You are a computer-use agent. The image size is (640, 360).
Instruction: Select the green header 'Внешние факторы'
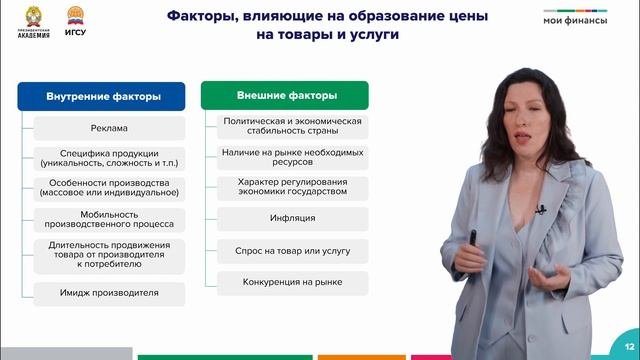(x=286, y=96)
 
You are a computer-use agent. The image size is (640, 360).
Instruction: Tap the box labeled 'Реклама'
(x=109, y=128)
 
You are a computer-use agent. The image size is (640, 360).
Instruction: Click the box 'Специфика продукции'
(x=109, y=158)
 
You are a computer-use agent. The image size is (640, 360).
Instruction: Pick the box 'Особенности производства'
(x=109, y=189)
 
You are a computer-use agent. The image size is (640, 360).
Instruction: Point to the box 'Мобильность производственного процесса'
(x=109, y=220)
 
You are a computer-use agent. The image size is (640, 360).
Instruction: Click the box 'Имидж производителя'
(x=109, y=294)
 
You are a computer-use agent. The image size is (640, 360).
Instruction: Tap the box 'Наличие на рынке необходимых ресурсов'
(x=292, y=157)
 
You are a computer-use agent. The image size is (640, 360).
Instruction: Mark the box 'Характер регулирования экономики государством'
(x=292, y=188)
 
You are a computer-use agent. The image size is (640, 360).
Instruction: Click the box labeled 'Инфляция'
(x=292, y=218)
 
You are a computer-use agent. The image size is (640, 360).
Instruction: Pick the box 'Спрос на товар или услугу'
(x=292, y=250)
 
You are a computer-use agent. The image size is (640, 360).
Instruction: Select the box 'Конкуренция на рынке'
(x=292, y=282)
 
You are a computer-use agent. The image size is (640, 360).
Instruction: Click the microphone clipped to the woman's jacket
(x=540, y=210)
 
